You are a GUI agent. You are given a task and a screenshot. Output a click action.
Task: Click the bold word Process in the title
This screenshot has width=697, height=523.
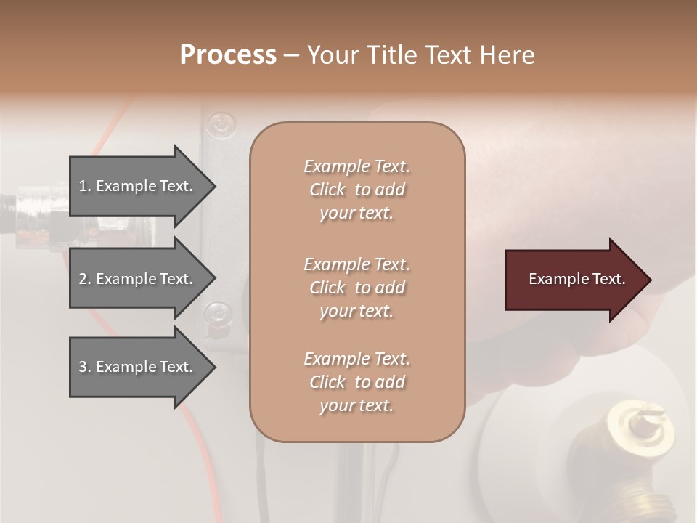pos(228,55)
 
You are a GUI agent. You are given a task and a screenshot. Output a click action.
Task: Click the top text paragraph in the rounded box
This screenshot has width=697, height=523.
pos(356,190)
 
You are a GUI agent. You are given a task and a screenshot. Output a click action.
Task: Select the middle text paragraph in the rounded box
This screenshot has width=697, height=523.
pos(356,288)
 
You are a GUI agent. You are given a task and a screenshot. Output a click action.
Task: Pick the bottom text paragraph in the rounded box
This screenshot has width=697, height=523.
pos(356,382)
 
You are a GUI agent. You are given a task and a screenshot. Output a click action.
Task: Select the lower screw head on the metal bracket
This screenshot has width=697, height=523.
pos(217,314)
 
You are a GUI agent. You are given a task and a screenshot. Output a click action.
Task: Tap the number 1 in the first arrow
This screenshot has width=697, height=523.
pos(83,186)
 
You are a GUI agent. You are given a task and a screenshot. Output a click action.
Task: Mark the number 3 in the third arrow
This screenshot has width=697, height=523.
pos(83,367)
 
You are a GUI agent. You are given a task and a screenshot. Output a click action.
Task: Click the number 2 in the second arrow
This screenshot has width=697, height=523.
pos(83,279)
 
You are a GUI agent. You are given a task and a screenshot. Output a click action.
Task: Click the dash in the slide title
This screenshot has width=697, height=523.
pos(291,55)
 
